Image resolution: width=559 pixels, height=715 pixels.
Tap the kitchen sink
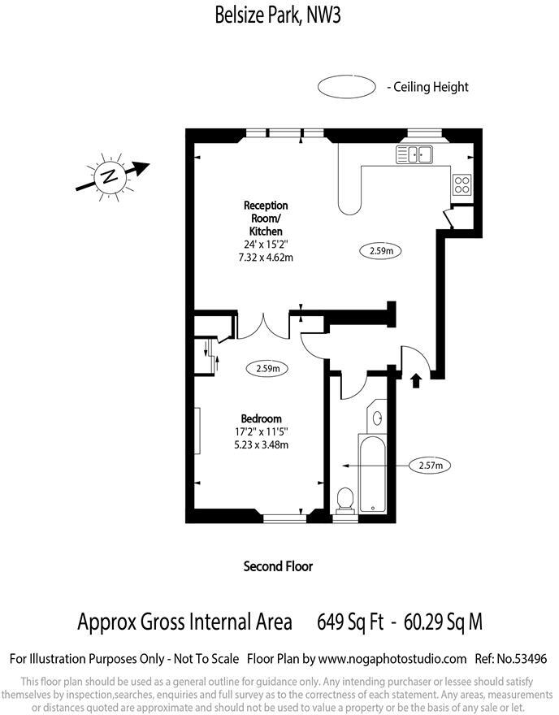tap(416, 154)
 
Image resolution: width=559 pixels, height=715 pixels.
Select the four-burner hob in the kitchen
tap(462, 184)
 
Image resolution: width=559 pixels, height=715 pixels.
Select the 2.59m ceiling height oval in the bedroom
tap(268, 368)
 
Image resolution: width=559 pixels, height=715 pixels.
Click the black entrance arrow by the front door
tap(416, 379)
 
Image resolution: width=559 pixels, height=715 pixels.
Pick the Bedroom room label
tap(261, 418)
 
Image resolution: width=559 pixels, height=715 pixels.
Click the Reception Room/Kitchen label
tap(266, 219)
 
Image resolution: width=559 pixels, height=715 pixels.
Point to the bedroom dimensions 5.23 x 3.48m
tap(261, 444)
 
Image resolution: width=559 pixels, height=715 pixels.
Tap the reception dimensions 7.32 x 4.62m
tap(266, 258)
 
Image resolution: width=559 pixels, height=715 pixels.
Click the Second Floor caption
tap(278, 566)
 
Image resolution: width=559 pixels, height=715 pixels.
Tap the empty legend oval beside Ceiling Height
tap(346, 87)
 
